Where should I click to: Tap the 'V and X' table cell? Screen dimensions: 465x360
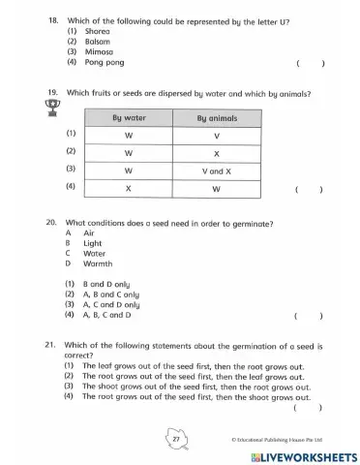(x=216, y=170)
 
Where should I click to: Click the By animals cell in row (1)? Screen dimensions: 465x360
(x=216, y=136)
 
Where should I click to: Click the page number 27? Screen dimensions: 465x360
(x=176, y=439)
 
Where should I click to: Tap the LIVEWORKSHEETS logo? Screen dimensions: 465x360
(x=302, y=455)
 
